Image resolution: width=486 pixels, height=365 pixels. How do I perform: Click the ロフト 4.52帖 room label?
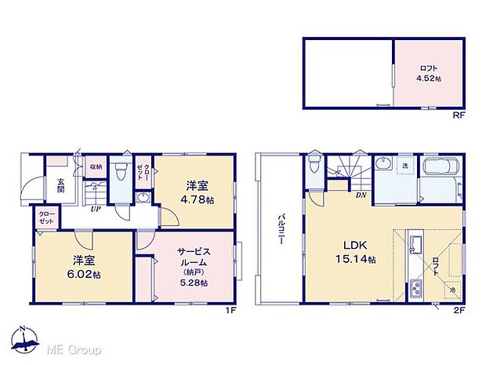coord(429,72)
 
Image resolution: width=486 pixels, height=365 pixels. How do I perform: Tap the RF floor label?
coord(459,116)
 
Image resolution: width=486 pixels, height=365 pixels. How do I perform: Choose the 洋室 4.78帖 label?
coord(197,192)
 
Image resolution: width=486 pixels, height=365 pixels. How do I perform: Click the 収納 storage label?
coord(94,166)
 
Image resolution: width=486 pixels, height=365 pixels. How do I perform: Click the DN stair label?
coord(361,195)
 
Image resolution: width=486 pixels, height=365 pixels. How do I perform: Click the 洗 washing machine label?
coord(405,166)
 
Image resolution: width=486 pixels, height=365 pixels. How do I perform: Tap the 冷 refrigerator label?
coord(452,291)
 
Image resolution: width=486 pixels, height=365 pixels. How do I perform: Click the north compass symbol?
coord(23,338)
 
